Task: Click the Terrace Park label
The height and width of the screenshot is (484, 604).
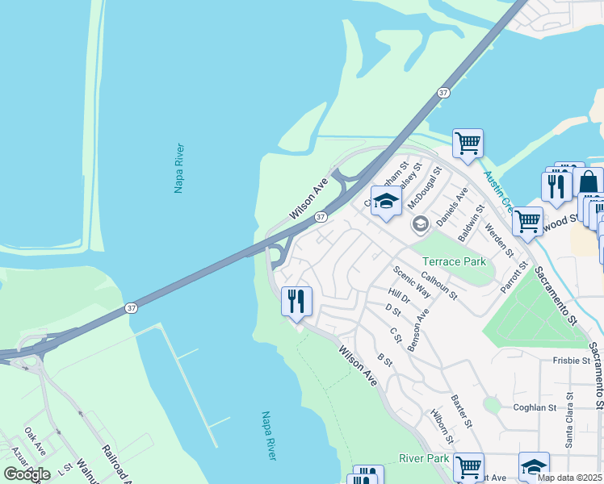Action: click(454, 261)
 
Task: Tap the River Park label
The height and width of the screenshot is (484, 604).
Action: click(423, 458)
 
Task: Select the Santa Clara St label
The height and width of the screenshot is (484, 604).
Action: click(569, 419)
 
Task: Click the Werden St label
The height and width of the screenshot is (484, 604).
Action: click(498, 240)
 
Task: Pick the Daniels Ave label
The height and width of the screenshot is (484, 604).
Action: click(452, 207)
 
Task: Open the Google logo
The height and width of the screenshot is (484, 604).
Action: click(27, 474)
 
